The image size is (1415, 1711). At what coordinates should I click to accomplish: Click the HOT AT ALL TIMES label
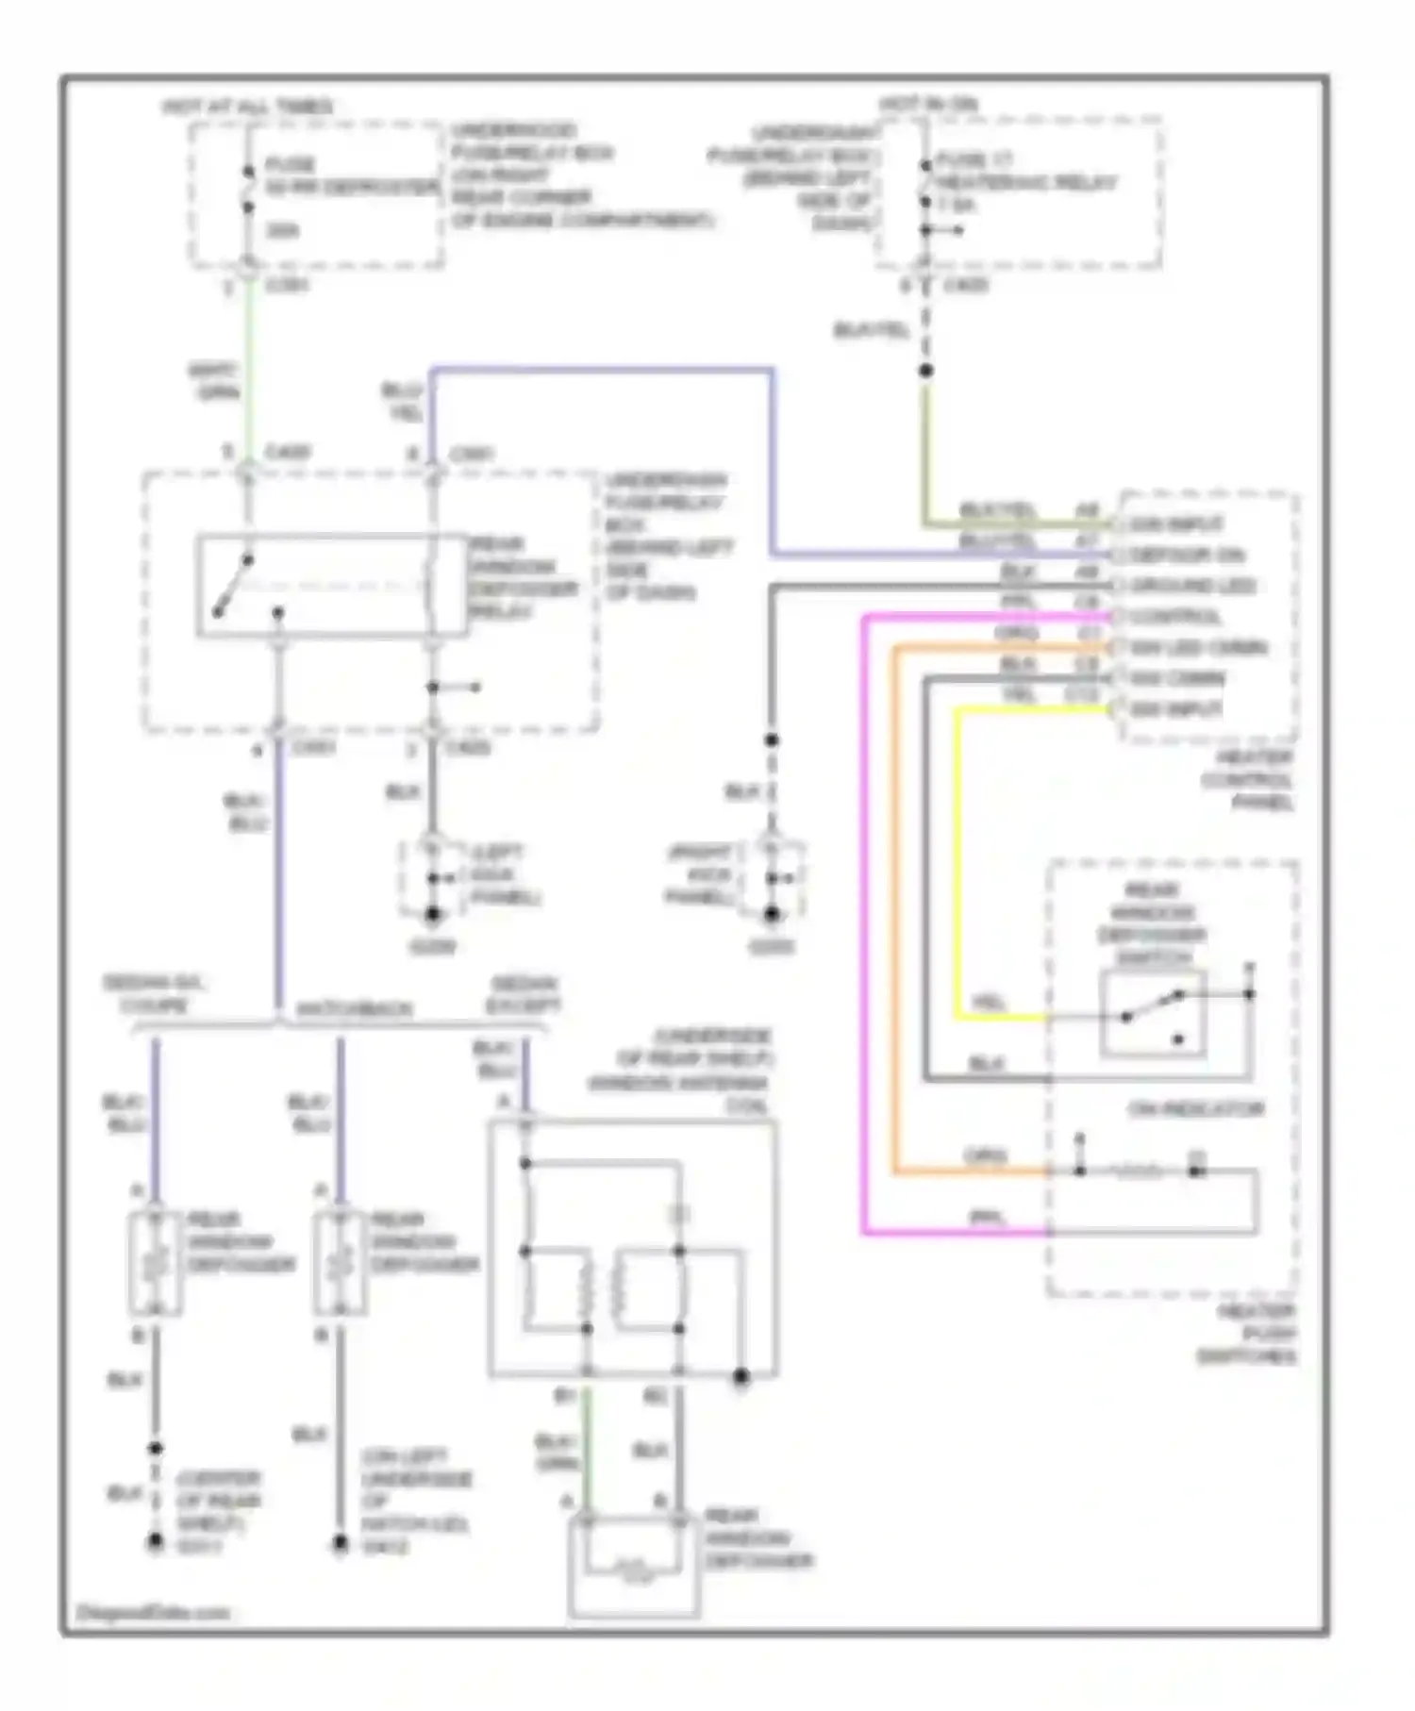[x=248, y=107]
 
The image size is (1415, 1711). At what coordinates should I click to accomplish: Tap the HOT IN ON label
[x=929, y=103]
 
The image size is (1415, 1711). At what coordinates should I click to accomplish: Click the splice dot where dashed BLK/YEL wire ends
[x=925, y=371]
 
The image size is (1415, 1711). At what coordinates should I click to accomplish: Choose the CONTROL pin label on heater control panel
[x=1175, y=617]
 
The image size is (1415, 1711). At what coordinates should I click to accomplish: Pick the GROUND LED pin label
[x=1191, y=586]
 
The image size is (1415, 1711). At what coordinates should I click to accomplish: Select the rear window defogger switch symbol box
[x=1152, y=1013]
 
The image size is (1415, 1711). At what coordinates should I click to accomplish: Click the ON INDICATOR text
[x=1195, y=1109]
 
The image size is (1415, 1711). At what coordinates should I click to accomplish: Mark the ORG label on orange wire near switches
[x=984, y=1156]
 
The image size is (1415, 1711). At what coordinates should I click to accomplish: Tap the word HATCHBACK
[x=355, y=1008]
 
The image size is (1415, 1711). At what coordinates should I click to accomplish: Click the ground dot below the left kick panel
[x=433, y=914]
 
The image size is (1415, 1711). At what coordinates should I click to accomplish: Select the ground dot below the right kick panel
[x=772, y=914]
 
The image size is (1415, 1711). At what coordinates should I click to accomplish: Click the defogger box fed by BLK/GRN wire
[x=634, y=1566]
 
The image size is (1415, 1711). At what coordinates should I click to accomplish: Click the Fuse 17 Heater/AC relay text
[x=1024, y=183]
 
